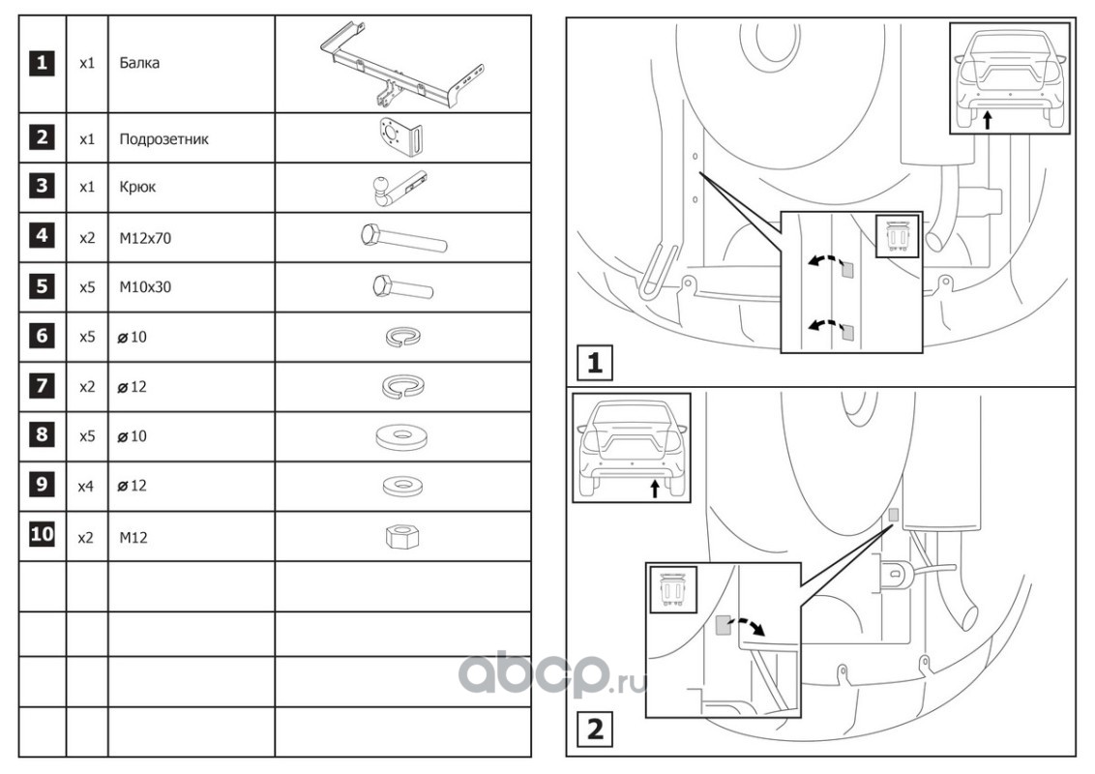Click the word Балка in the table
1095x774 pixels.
tap(139, 64)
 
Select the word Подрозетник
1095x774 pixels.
tap(163, 138)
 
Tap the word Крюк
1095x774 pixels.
tap(137, 189)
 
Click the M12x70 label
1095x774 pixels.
tap(145, 238)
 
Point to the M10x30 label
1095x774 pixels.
tap(145, 287)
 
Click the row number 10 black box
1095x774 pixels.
tap(41, 535)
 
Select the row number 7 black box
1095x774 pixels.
tap(41, 386)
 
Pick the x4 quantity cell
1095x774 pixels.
tap(86, 487)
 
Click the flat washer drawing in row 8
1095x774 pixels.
tap(401, 436)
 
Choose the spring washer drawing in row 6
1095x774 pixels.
tap(401, 337)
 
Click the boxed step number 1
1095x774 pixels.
tap(595, 363)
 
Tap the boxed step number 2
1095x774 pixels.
tap(595, 728)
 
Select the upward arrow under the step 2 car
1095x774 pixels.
tap(655, 488)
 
